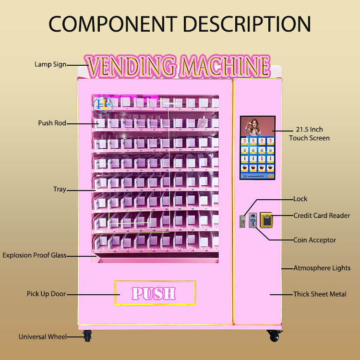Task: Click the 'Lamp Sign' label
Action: (x=50, y=64)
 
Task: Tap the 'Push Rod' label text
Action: (x=52, y=123)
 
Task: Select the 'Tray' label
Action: (x=60, y=189)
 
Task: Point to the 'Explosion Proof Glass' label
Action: (x=35, y=255)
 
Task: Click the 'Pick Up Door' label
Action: (x=46, y=293)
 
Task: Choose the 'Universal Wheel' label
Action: (x=42, y=337)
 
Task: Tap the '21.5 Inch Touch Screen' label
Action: (x=309, y=134)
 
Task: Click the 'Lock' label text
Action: (x=300, y=199)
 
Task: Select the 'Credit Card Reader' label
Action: (x=322, y=216)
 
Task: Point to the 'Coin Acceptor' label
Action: (x=314, y=240)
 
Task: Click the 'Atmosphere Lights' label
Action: (x=322, y=268)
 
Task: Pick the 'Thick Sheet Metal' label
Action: (x=320, y=294)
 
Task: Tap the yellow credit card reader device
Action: (x=266, y=220)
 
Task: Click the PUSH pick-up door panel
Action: (x=155, y=293)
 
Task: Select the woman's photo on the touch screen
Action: (x=257, y=126)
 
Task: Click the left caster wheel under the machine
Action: (x=87, y=336)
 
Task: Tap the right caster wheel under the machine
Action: (x=274, y=336)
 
